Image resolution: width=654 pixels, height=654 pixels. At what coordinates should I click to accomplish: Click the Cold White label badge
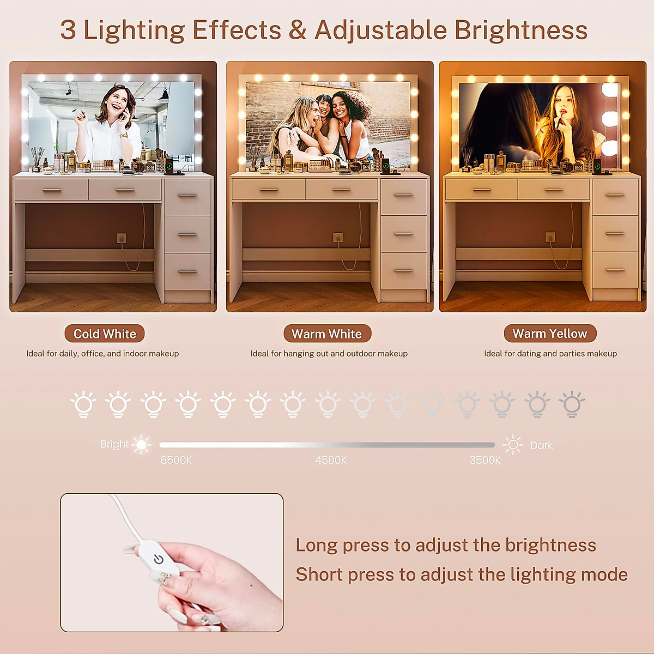tap(105, 334)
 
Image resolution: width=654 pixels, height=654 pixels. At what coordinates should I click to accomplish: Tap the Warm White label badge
tap(327, 334)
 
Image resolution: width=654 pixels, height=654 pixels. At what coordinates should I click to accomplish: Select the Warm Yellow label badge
tap(550, 333)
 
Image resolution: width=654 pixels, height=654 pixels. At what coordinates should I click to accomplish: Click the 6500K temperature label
tap(176, 460)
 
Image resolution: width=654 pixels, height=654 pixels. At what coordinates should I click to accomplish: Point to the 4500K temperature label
tap(331, 460)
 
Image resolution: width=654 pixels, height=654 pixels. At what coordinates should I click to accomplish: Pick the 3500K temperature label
tap(485, 460)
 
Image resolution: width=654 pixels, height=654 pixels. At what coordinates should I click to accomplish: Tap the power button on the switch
tap(159, 559)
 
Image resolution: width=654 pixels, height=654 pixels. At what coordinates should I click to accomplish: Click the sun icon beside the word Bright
tap(142, 445)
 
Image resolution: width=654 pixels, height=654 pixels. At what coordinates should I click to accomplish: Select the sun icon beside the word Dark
tap(513, 445)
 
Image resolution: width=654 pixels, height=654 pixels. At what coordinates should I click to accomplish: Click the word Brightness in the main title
tap(521, 30)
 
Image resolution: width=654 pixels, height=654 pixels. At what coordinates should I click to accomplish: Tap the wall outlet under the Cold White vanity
tap(122, 238)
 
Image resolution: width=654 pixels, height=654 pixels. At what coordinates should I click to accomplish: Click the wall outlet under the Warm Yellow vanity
tap(550, 237)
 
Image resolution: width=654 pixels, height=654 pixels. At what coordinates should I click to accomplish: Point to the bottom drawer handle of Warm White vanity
tap(404, 270)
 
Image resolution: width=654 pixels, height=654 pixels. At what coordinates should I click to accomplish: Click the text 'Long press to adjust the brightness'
tap(446, 545)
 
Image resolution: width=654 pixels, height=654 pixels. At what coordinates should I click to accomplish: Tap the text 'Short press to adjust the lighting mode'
tap(462, 574)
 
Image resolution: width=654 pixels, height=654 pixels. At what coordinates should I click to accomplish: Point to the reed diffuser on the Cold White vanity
tap(37, 158)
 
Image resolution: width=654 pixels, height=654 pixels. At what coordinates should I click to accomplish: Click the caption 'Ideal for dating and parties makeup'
tap(550, 354)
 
